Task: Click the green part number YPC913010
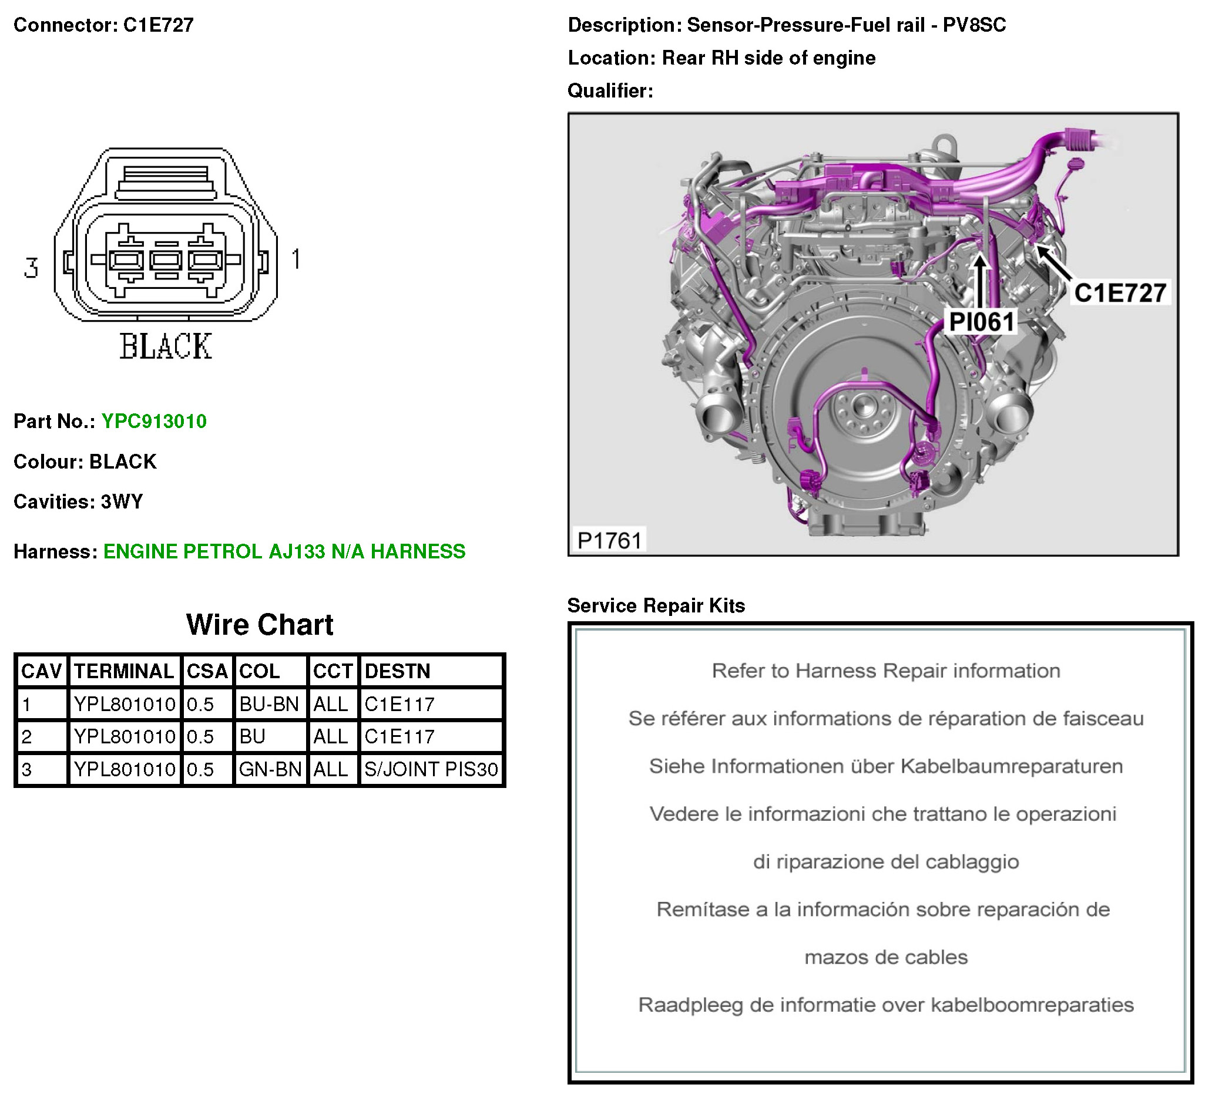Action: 154,421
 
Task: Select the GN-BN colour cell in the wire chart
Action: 270,769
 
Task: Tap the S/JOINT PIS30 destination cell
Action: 431,769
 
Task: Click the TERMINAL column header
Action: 124,671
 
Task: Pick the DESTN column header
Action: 397,671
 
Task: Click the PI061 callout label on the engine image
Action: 981,322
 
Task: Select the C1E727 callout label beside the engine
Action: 1120,293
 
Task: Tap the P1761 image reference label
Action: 609,540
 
